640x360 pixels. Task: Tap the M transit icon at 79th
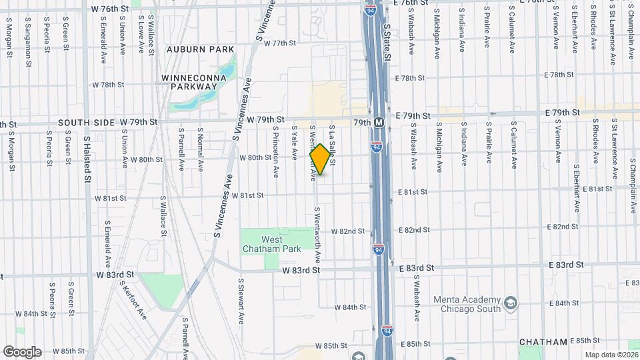[379, 123]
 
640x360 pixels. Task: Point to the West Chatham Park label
[271, 244]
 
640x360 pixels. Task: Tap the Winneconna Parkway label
[194, 82]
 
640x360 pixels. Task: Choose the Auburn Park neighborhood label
[200, 49]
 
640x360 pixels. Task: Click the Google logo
[22, 352]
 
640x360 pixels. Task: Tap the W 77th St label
[279, 43]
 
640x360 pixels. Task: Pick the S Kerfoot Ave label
[133, 300]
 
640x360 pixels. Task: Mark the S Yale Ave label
[294, 144]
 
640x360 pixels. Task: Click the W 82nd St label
[351, 231]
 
